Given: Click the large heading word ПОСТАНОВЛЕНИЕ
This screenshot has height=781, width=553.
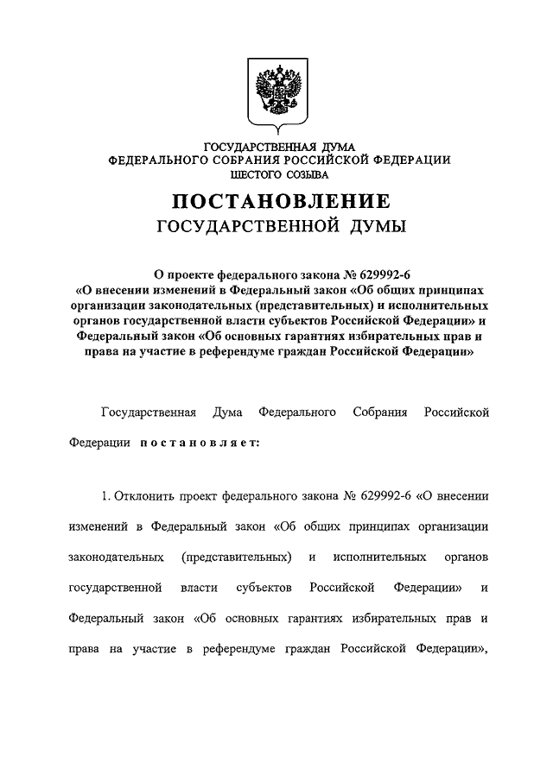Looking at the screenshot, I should coord(280,202).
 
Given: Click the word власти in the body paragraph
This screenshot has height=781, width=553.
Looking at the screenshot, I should coord(200,588).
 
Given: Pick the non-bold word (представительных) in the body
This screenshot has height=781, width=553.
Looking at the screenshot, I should coord(236,557).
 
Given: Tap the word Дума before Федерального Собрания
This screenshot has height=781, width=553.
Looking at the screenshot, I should coord(229,413).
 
